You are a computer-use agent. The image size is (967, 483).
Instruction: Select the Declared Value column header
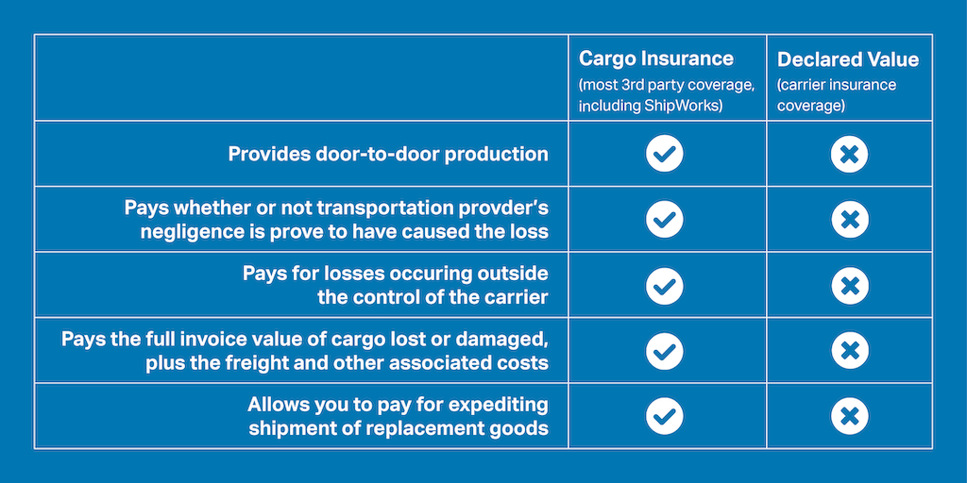click(847, 59)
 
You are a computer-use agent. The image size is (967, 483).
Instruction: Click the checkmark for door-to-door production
click(665, 154)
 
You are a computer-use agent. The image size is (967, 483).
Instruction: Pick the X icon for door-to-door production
click(849, 154)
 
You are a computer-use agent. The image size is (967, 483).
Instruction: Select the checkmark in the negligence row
click(665, 219)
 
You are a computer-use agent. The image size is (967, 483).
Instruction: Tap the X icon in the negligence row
click(849, 219)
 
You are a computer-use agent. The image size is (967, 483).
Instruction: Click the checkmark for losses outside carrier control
click(665, 285)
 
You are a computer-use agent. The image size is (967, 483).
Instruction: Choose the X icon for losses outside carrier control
click(849, 285)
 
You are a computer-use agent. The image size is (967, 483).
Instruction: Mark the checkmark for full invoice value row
click(665, 351)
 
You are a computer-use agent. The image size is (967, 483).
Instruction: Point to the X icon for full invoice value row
click(849, 351)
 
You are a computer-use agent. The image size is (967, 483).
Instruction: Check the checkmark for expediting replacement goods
click(665, 416)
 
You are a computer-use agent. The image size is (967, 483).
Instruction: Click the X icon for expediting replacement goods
click(849, 416)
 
